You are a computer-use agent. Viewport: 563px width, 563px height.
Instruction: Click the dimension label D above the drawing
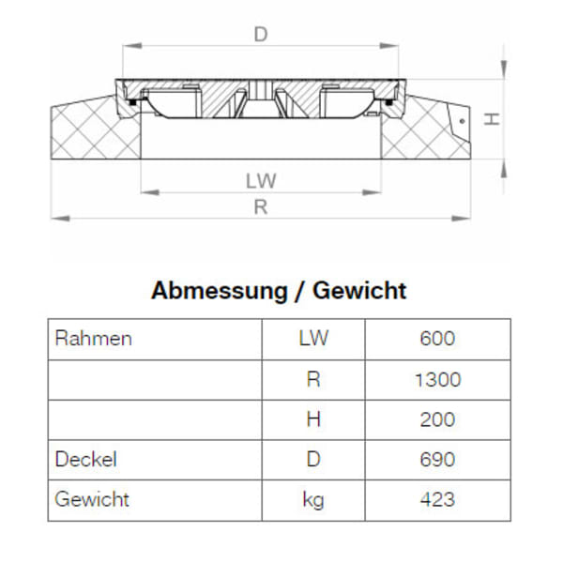pyautogui.click(x=261, y=35)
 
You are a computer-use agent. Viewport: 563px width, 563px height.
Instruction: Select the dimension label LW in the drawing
pyautogui.click(x=262, y=180)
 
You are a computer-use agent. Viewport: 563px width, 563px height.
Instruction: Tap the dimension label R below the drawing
pyautogui.click(x=261, y=208)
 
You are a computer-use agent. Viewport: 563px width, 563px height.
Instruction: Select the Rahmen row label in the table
pyautogui.click(x=94, y=339)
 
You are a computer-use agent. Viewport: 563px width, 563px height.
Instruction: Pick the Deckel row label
pyautogui.click(x=85, y=460)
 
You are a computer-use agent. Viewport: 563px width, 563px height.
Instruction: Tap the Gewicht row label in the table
pyautogui.click(x=92, y=500)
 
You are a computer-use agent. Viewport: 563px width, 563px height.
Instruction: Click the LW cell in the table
pyautogui.click(x=313, y=339)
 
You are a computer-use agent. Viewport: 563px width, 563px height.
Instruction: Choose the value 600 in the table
pyautogui.click(x=437, y=339)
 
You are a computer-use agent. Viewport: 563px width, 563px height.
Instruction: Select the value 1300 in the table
pyautogui.click(x=437, y=379)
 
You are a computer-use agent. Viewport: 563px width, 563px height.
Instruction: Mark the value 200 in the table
pyautogui.click(x=437, y=419)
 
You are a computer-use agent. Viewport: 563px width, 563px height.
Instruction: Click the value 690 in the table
pyautogui.click(x=437, y=460)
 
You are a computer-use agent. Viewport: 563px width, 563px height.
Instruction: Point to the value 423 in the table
pyautogui.click(x=437, y=500)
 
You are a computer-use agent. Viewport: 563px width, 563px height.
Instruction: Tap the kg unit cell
pyautogui.click(x=313, y=500)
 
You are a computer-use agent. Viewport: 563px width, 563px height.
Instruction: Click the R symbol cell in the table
pyautogui.click(x=313, y=379)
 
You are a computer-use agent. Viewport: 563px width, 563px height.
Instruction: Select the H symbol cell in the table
pyautogui.click(x=313, y=419)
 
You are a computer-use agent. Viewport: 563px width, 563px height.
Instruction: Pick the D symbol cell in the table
pyautogui.click(x=313, y=460)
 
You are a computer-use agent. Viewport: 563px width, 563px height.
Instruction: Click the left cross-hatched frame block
pyautogui.click(x=94, y=131)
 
